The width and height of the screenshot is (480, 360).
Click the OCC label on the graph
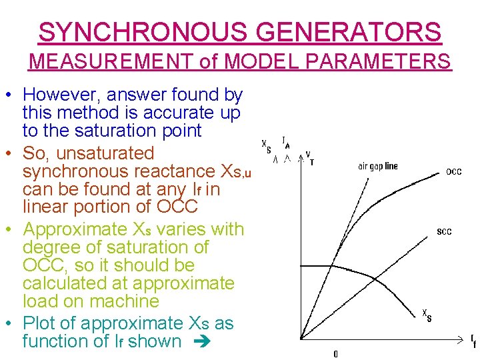click(453, 172)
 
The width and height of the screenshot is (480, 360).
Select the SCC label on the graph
click(444, 231)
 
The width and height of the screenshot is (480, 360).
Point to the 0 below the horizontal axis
click(335, 354)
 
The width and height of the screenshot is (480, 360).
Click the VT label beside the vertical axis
click(309, 157)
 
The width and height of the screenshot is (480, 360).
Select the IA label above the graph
click(286, 143)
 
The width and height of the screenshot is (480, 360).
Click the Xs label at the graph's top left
click(266, 147)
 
